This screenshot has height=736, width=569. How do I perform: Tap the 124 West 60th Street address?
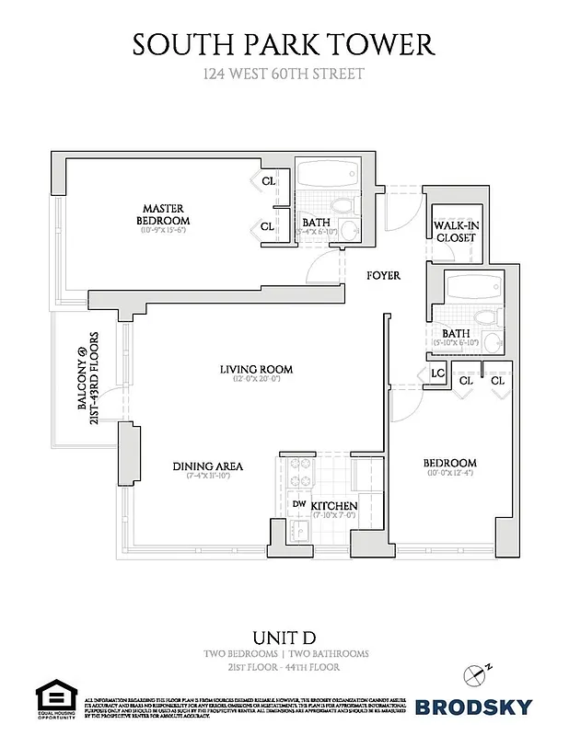click(x=284, y=74)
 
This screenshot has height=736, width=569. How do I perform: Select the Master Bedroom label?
click(x=163, y=214)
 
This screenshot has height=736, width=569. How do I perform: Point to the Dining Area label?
click(x=207, y=466)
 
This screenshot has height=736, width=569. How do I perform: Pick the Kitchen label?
click(x=332, y=507)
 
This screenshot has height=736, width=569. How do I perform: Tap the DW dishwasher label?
click(x=299, y=503)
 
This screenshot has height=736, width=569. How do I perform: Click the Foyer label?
click(x=383, y=275)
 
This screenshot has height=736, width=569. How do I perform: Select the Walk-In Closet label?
click(x=455, y=231)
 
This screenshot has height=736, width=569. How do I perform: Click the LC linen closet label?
click(x=438, y=374)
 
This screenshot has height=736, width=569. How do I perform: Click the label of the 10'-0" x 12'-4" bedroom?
click(x=448, y=462)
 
